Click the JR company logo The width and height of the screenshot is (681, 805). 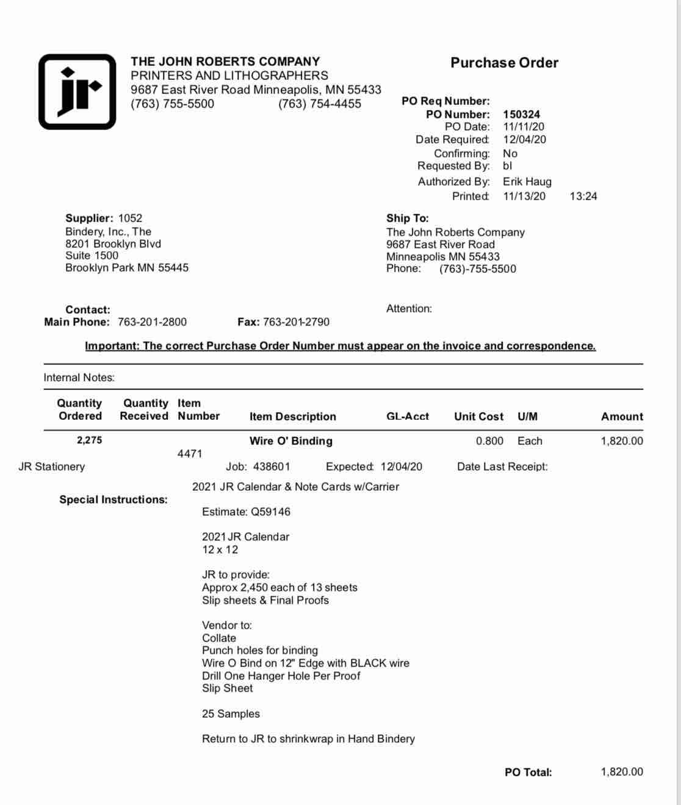pyautogui.click(x=77, y=92)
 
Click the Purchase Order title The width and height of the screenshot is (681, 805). pyautogui.click(x=504, y=63)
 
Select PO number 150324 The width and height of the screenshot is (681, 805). pyautogui.click(x=521, y=114)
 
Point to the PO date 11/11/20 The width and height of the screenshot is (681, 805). pyautogui.click(x=524, y=127)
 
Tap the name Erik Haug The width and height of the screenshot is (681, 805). pyautogui.click(x=527, y=181)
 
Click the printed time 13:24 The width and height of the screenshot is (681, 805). pyautogui.click(x=583, y=196)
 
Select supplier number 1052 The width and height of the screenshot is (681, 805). pyautogui.click(x=130, y=218)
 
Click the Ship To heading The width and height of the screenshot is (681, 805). pyautogui.click(x=407, y=218)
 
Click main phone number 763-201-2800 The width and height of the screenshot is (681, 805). pyautogui.click(x=152, y=322)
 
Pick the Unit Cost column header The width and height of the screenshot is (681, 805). pyautogui.click(x=478, y=416)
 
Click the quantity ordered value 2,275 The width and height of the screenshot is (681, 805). pyautogui.click(x=89, y=440)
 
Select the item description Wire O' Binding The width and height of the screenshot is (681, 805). pyautogui.click(x=290, y=441)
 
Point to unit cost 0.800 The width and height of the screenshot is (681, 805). pyautogui.click(x=489, y=441)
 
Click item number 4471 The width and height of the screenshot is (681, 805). pyautogui.click(x=189, y=453)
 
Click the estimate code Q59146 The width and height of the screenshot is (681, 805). pyautogui.click(x=270, y=511)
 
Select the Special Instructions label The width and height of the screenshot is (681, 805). pyautogui.click(x=113, y=499)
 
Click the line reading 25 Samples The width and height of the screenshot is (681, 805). pyautogui.click(x=231, y=713)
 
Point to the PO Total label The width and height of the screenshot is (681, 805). pyautogui.click(x=528, y=772)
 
